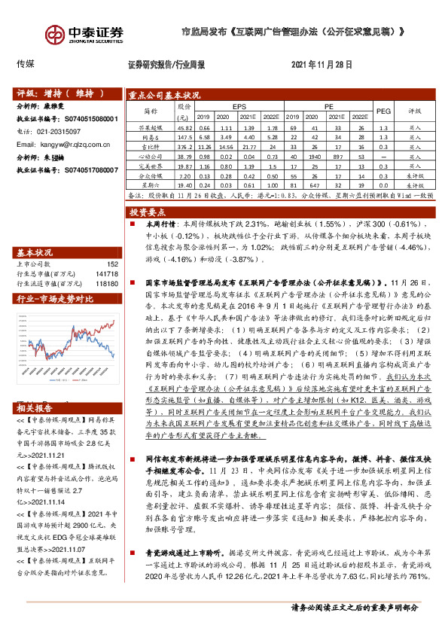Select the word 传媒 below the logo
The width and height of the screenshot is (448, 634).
(x=26, y=65)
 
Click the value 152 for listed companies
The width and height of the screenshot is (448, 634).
(x=112, y=264)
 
